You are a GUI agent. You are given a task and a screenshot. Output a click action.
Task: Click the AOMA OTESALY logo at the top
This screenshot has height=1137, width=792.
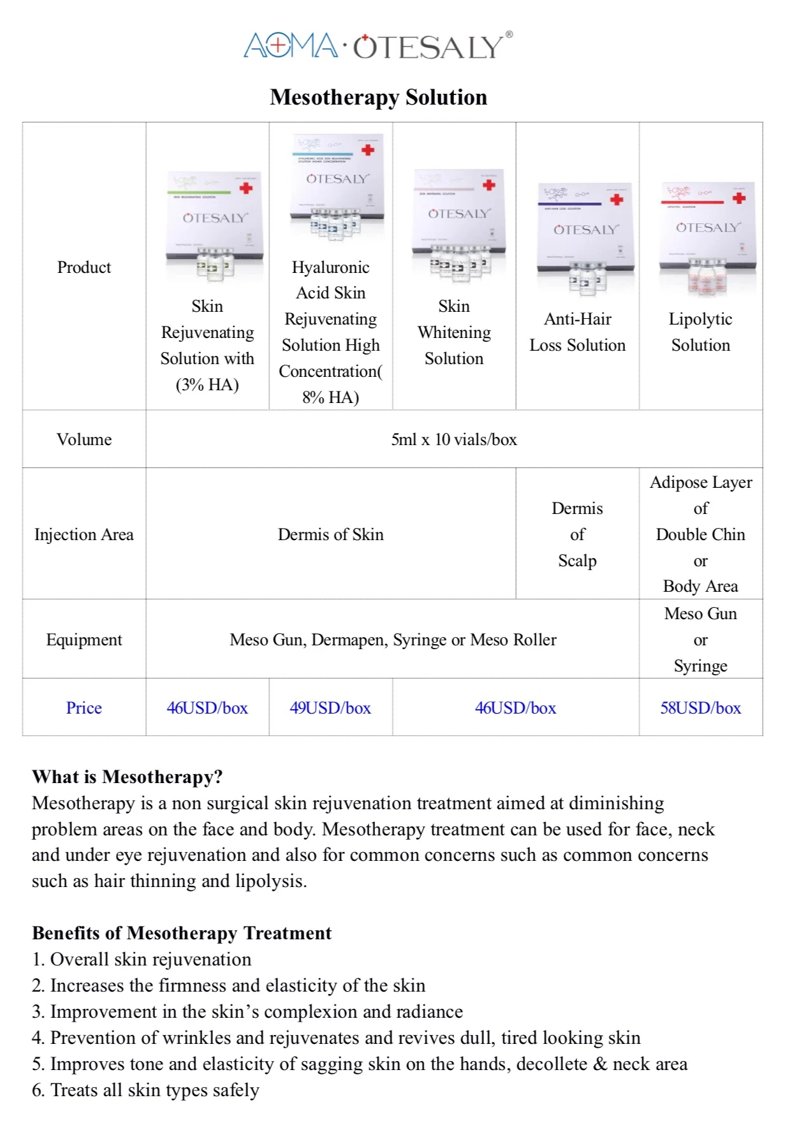(378, 46)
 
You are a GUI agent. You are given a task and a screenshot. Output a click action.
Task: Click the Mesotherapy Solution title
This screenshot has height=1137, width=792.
(378, 97)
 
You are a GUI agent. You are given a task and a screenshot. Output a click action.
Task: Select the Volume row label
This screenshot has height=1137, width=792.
(84, 439)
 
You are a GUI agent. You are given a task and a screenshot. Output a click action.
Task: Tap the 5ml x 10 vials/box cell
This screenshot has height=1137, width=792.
(454, 439)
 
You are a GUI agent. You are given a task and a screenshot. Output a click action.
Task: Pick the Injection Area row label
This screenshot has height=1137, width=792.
(84, 534)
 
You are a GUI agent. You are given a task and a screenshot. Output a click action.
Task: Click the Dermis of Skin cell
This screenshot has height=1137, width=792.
(330, 534)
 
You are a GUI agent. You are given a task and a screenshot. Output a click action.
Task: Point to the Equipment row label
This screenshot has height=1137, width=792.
(84, 640)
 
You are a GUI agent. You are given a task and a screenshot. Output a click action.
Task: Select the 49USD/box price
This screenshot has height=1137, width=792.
(330, 708)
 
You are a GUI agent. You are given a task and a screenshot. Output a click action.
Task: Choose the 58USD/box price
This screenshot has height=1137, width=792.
(700, 708)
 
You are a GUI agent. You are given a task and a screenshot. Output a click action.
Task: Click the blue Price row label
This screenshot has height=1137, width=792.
(84, 708)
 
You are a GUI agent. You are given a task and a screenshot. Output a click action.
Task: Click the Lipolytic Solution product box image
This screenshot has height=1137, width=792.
(707, 238)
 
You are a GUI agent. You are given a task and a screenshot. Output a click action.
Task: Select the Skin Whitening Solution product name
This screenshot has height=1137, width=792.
(454, 332)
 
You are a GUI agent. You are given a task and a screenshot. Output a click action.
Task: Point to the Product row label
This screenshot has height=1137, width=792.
(84, 267)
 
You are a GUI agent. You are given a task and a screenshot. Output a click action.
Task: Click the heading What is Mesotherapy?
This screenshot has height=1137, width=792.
(128, 777)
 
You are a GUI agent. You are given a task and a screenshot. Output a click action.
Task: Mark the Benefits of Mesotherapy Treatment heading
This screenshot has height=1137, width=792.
(182, 933)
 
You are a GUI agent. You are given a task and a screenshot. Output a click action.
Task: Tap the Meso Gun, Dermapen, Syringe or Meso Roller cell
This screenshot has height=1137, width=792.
(393, 640)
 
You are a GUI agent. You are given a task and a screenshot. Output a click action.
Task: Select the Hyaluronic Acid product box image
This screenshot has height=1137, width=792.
(337, 186)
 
